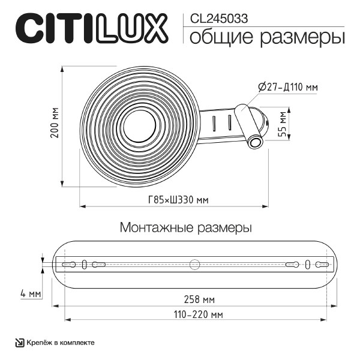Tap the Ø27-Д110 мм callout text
pyautogui.click(x=287, y=87)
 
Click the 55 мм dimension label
pyautogui.click(x=283, y=124)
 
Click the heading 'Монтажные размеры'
pyautogui.click(x=185, y=228)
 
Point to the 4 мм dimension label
pyautogui.click(x=29, y=294)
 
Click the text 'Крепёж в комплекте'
pyautogui.click(x=60, y=343)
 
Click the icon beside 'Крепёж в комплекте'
pyautogui.click(x=19, y=343)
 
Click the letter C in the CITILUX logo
pyautogui.click(x=36, y=28)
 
